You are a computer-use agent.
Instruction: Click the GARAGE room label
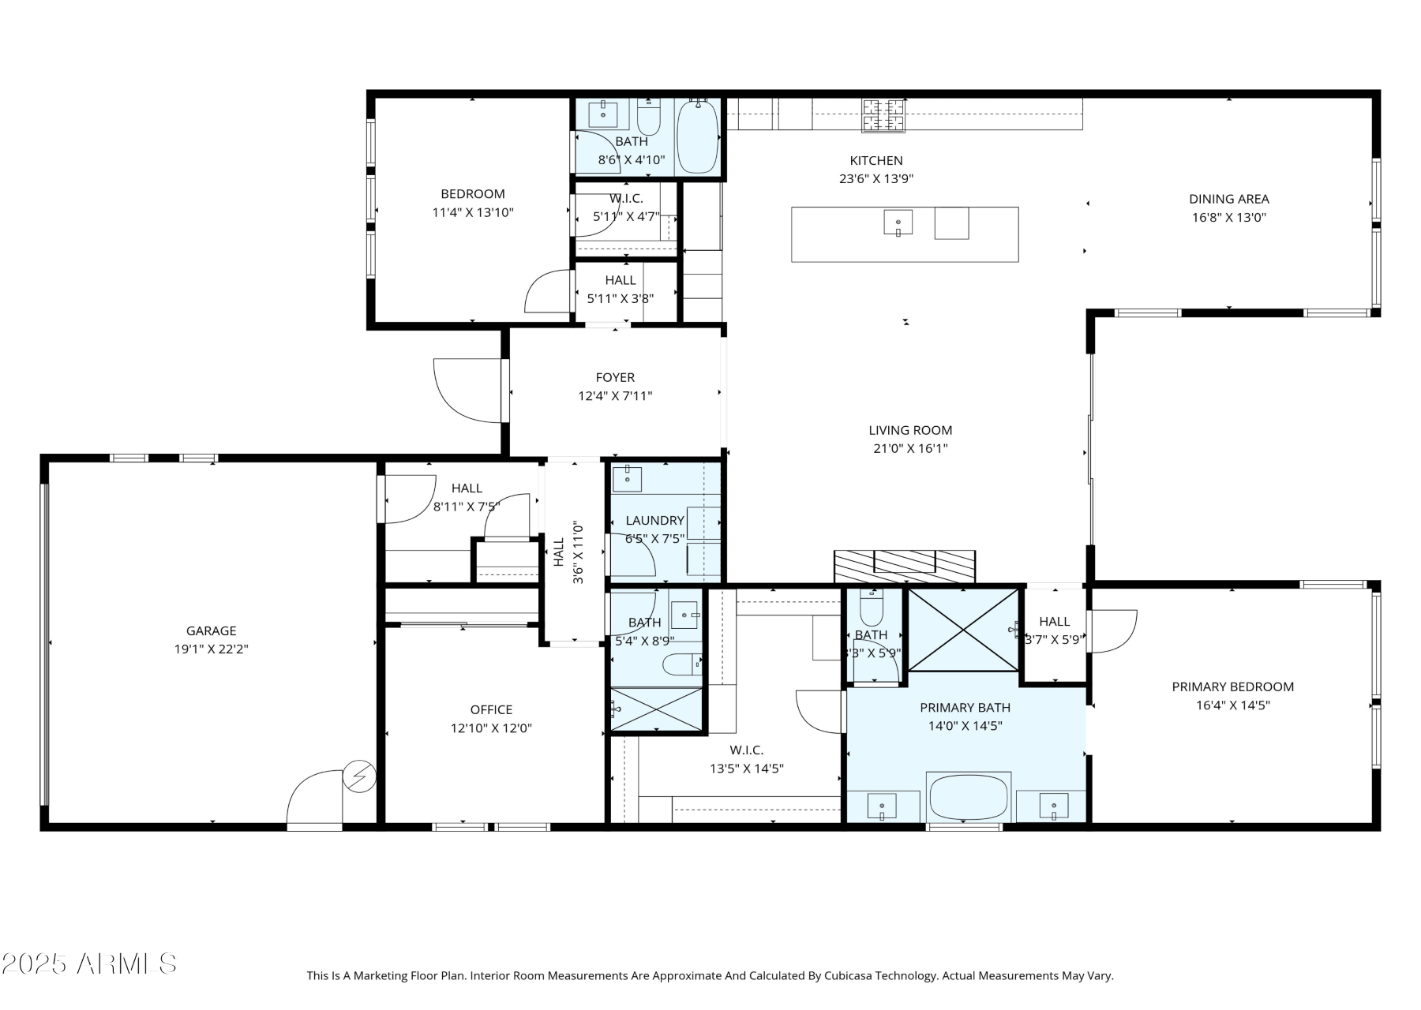pyautogui.click(x=211, y=630)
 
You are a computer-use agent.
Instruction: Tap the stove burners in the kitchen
pyautogui.click(x=883, y=114)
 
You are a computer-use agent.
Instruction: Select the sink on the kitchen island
pyautogui.click(x=898, y=223)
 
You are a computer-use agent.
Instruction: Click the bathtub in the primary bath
pyautogui.click(x=969, y=797)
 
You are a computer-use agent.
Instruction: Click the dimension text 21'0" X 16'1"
pyautogui.click(x=910, y=448)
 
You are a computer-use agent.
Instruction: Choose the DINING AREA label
pyautogui.click(x=1228, y=199)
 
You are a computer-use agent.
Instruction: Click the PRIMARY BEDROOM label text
pyautogui.click(x=1232, y=686)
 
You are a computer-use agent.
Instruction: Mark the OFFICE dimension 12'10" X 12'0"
pyautogui.click(x=491, y=728)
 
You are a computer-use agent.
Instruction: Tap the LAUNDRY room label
pyautogui.click(x=654, y=520)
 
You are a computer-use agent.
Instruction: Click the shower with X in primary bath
pyautogui.click(x=963, y=630)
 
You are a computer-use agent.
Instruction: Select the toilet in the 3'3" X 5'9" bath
pyautogui.click(x=872, y=609)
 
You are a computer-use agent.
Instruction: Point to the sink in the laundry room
pyautogui.click(x=628, y=479)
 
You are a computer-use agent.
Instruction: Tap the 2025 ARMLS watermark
pyautogui.click(x=88, y=963)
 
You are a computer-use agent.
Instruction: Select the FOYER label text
pyautogui.click(x=615, y=377)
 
